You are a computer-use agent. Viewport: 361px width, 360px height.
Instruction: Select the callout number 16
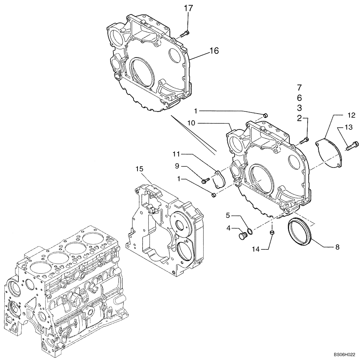[214, 51]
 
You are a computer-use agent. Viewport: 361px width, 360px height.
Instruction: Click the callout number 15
[140, 169]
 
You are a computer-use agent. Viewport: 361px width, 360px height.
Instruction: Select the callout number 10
[192, 123]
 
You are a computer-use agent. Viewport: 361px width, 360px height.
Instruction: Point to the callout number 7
[299, 87]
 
